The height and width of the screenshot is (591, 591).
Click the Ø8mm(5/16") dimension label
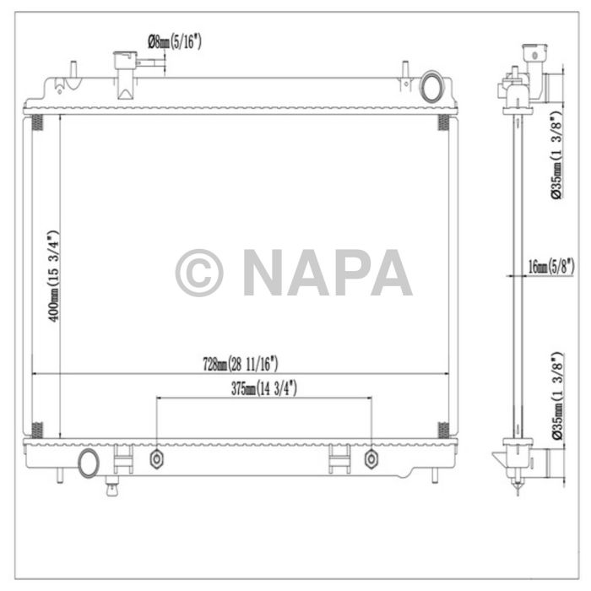[x=175, y=40]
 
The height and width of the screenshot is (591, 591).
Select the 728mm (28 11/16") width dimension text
[x=240, y=364]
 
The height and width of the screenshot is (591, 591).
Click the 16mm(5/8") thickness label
[x=550, y=267]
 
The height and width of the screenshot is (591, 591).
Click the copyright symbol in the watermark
[x=199, y=273]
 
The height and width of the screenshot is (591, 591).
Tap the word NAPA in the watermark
[x=328, y=273]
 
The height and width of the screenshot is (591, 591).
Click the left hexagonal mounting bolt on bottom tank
[x=156, y=458]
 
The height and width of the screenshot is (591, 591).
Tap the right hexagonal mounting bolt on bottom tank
[x=371, y=458]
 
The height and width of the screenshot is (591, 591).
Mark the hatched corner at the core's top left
[x=36, y=122]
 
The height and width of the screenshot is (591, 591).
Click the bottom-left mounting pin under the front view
[x=58, y=475]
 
